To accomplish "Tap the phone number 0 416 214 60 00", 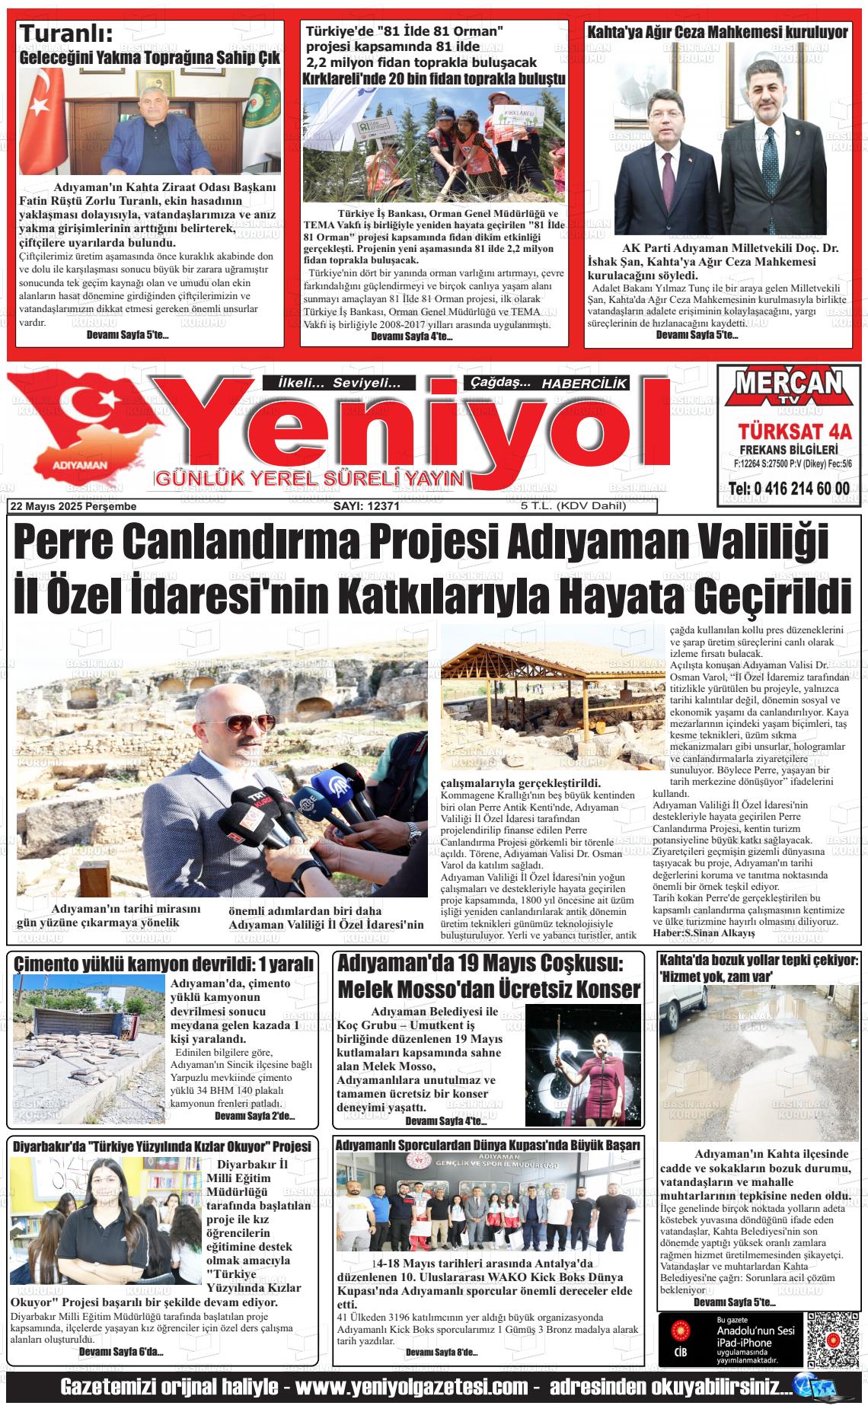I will (789, 488).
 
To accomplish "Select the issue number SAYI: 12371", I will (366, 505).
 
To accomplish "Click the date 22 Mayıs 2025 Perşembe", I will (72, 505).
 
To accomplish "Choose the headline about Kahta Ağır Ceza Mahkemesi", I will (716, 33).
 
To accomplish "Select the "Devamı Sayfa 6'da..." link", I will (121, 1352).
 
